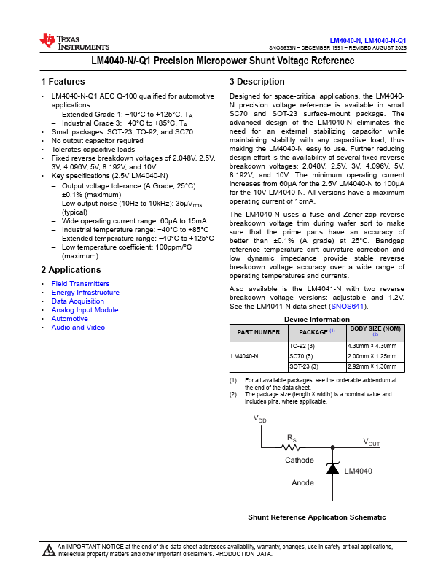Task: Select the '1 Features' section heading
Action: coord(63,82)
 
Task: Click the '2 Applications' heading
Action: coord(71,270)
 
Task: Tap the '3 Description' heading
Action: coord(257,82)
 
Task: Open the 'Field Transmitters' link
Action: coord(80,284)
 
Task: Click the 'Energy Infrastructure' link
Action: coord(85,293)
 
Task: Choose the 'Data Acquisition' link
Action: coord(77,301)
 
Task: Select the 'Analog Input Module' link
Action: coord(85,310)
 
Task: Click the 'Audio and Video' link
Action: coord(78,328)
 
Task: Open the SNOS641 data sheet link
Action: coord(346,307)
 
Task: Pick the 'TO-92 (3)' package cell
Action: coord(302,346)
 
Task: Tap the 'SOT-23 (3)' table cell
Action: coord(304,366)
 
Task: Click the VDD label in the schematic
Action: coord(259,420)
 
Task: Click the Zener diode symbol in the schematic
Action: coord(333,469)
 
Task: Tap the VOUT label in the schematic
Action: coord(372,442)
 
